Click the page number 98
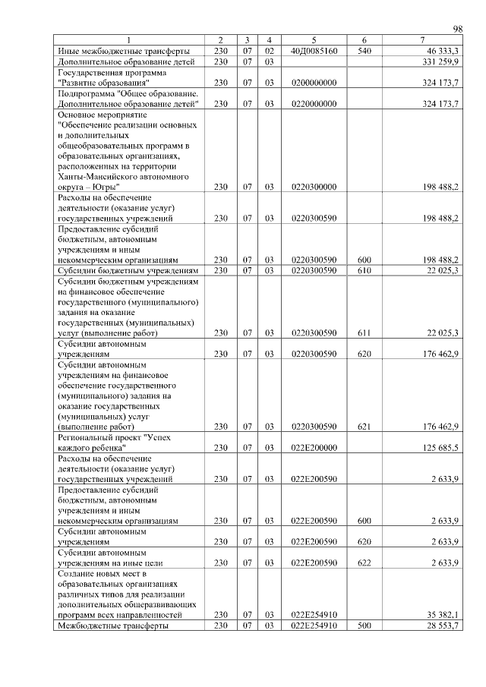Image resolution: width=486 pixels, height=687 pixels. tap(457, 29)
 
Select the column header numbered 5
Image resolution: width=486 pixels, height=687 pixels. tap(314, 39)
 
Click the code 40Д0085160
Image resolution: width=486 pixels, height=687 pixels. tap(314, 50)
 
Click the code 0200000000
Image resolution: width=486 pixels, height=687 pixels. tap(314, 82)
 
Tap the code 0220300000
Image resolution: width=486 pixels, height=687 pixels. tap(314, 187)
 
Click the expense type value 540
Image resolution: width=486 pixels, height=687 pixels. tap(364, 50)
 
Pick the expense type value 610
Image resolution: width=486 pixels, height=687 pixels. tap(364, 270)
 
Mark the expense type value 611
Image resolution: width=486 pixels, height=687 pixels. tap(364, 333)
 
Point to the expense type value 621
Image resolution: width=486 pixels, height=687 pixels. tap(364, 427)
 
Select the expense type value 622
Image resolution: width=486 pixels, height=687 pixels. tap(364, 563)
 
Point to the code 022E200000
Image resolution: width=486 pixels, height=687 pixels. tap(314, 449)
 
